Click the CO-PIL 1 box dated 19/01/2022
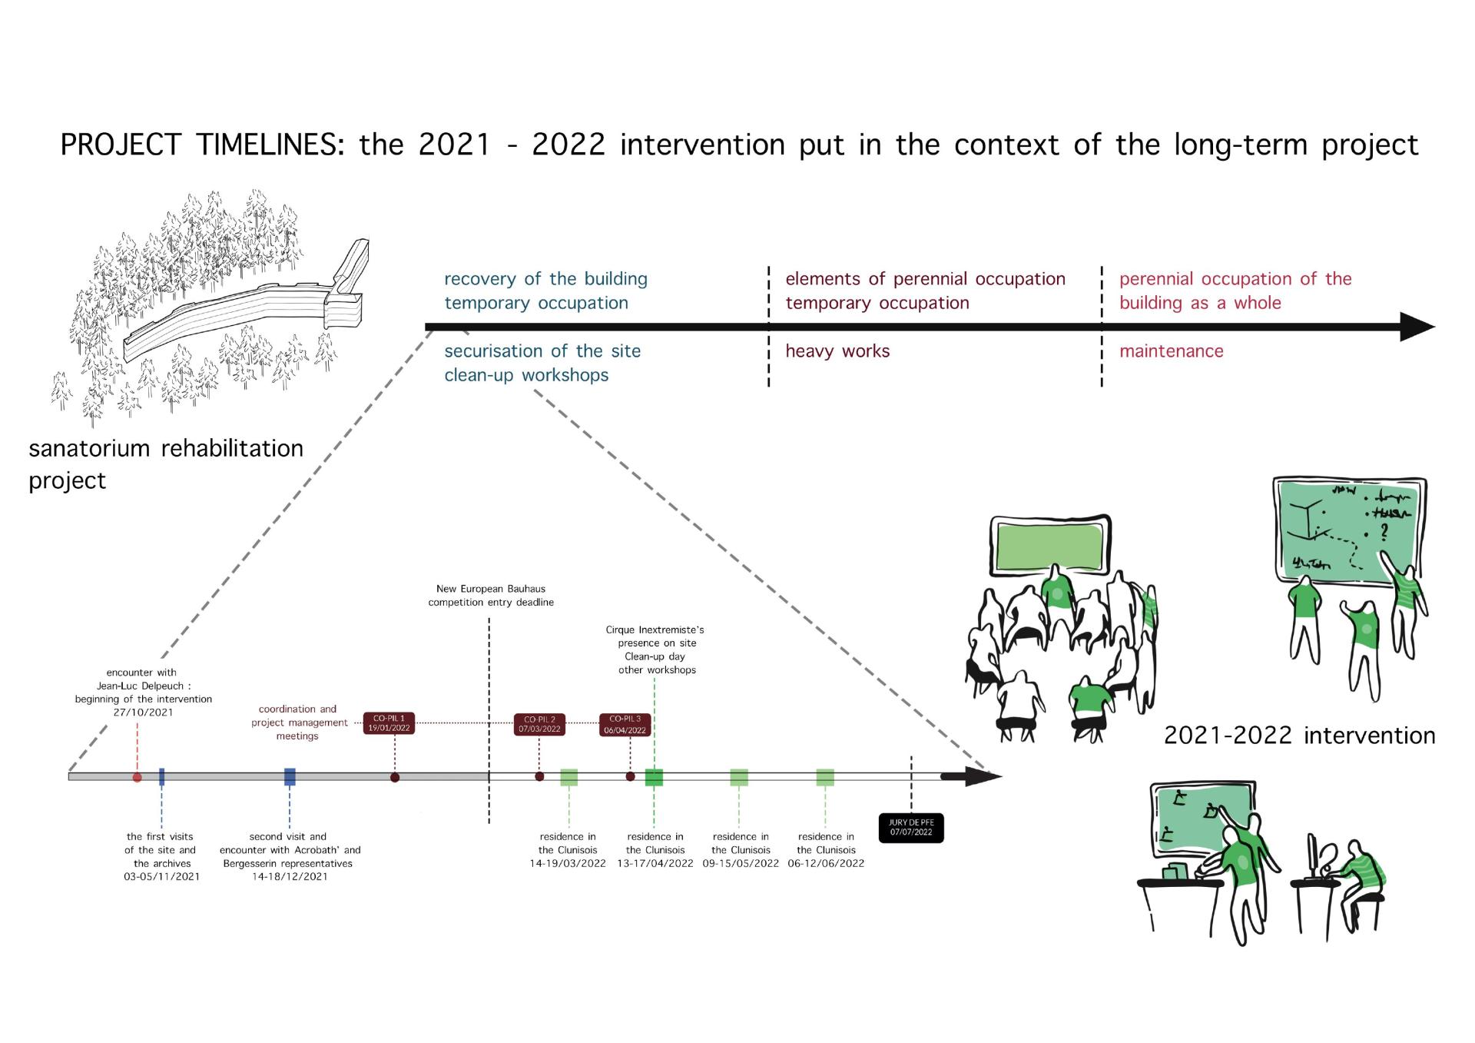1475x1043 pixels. [389, 723]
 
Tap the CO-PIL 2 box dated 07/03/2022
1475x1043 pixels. [539, 725]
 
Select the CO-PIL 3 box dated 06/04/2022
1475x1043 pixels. [625, 725]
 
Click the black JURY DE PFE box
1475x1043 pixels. [911, 827]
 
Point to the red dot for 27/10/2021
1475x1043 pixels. [137, 777]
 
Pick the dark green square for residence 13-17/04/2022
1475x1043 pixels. [654, 777]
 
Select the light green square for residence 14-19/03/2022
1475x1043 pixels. [568, 777]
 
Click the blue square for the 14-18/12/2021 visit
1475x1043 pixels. [290, 777]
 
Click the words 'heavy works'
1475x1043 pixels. [837, 351]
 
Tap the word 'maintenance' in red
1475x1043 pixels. [1171, 351]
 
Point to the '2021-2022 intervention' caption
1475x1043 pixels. [1299, 736]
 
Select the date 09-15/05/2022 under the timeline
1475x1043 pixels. [741, 863]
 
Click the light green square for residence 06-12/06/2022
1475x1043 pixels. [825, 777]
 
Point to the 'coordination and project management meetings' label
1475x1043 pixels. [298, 722]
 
